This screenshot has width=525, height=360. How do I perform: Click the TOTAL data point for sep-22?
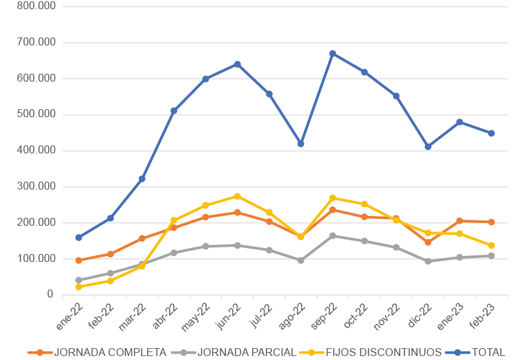point(333,53)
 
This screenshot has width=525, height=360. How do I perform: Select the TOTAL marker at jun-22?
point(237,64)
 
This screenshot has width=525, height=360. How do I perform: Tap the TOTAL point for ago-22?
point(301,143)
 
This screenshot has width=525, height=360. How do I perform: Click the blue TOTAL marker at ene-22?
point(78,238)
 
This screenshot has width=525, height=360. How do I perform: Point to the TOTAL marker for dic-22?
point(428,147)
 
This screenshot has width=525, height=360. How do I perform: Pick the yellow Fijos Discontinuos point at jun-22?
point(237,196)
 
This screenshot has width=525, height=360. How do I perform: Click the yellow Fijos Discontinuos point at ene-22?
point(78,287)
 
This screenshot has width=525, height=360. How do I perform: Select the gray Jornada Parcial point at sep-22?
point(333,236)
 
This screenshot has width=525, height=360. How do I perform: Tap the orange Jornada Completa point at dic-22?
point(428,242)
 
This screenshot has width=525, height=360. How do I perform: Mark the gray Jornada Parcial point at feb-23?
point(491,255)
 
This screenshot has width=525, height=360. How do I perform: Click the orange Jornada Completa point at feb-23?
point(491,222)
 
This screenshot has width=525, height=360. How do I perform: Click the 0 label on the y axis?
point(49,294)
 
